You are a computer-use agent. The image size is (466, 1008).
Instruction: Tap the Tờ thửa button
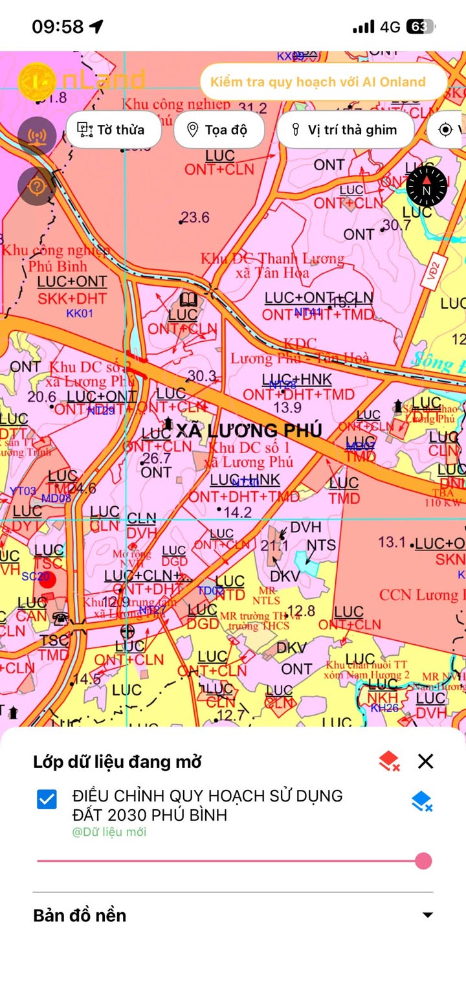[113, 129]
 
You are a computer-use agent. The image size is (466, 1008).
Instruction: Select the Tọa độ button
[219, 129]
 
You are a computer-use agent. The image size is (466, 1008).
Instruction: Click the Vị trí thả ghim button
[345, 129]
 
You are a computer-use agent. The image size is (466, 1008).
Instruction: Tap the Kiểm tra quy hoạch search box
[322, 82]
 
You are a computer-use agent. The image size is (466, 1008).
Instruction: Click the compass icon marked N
[427, 186]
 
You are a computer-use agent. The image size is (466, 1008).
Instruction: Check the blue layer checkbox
[47, 800]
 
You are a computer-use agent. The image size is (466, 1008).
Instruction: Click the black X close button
[425, 761]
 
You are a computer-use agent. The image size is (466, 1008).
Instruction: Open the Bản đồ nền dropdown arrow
[427, 915]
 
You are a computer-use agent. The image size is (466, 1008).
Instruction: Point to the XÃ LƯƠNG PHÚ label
[249, 431]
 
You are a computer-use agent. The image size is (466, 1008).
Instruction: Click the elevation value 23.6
[195, 218]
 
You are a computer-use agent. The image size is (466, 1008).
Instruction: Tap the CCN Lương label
[421, 594]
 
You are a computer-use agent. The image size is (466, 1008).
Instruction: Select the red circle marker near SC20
[47, 579]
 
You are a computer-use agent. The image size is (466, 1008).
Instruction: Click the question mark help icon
[37, 186]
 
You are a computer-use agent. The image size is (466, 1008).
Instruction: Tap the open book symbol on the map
[188, 300]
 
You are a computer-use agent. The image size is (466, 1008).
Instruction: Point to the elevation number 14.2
[238, 512]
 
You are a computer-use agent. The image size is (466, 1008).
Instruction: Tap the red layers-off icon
[388, 761]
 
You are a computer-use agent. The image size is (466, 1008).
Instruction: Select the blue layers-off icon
[421, 801]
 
